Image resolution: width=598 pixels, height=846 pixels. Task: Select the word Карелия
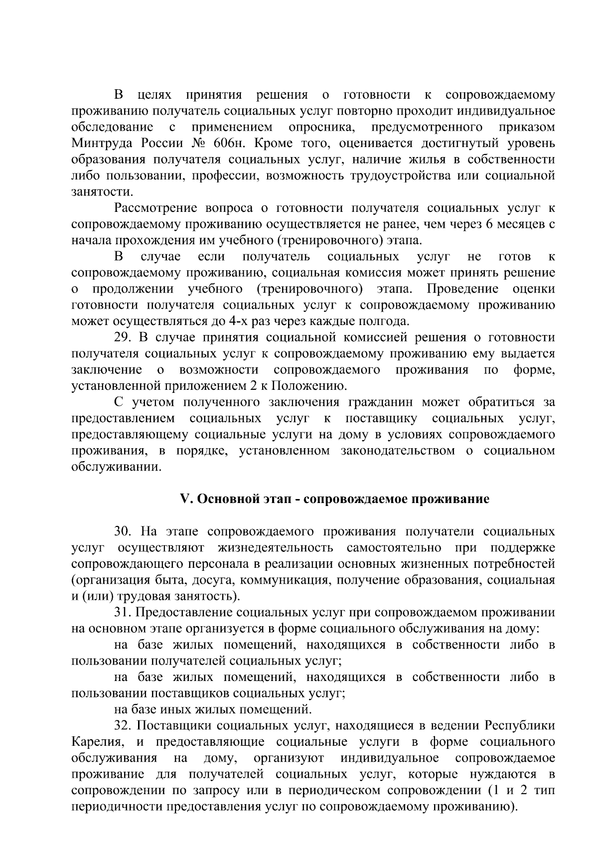pos(97,742)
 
